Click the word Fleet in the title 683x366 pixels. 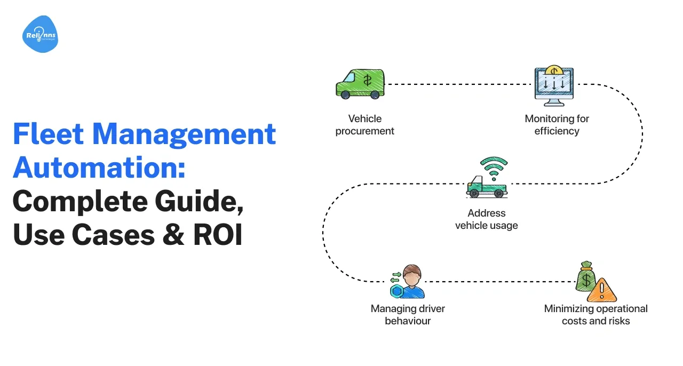[x=46, y=134]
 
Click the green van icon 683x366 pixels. [x=360, y=84]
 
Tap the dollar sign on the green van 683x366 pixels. [x=367, y=81]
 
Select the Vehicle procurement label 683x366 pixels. [x=365, y=125]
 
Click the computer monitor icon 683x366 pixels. [x=554, y=87]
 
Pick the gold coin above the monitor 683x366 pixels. [x=554, y=70]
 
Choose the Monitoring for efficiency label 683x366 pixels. [x=557, y=125]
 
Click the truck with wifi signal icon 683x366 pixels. [x=487, y=184]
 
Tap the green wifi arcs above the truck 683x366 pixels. [x=493, y=164]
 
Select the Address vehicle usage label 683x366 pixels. [x=487, y=219]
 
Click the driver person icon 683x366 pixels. [x=410, y=281]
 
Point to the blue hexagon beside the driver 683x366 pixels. [x=397, y=291]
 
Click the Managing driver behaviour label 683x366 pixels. [x=408, y=315]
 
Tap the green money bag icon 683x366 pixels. [x=586, y=276]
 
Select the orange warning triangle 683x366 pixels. [x=602, y=291]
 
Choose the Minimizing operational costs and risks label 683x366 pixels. [x=596, y=315]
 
